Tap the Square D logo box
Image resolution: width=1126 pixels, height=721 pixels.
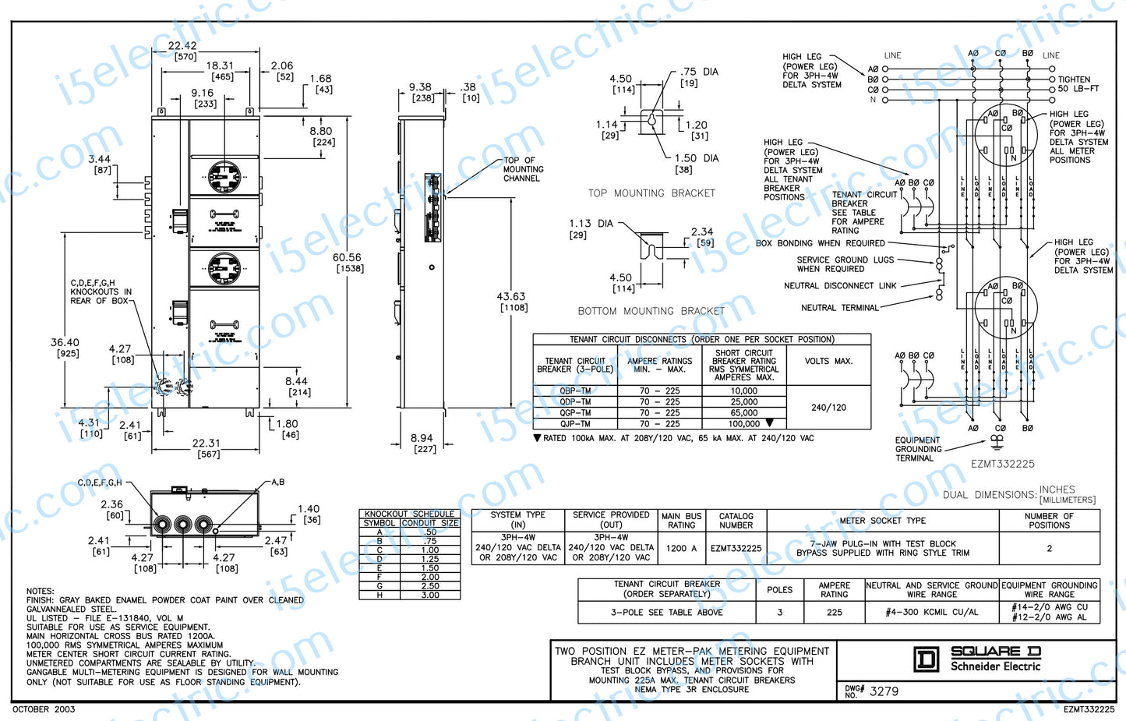tap(926, 659)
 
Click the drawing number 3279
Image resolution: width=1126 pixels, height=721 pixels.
tap(884, 691)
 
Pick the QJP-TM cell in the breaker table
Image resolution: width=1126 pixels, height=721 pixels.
tap(575, 424)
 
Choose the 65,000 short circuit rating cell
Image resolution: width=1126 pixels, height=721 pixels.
tap(743, 413)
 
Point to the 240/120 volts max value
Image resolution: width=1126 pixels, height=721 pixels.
tap(828, 408)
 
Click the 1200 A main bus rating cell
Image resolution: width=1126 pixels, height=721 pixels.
tap(682, 548)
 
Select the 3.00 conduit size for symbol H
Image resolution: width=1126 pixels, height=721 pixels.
tap(430, 596)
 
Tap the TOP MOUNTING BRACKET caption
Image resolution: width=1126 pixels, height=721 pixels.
tap(651, 193)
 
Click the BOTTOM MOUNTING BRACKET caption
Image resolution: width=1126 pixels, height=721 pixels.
tap(651, 311)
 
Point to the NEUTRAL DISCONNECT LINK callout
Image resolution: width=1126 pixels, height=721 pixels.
tap(839, 286)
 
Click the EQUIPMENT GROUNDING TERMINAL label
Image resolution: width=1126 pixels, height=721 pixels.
tap(918, 449)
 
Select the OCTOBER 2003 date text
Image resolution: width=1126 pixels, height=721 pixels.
tap(44, 709)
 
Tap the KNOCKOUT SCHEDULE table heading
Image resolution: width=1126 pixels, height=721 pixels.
tap(410, 514)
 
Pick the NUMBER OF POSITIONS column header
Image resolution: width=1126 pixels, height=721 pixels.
tap(1049, 521)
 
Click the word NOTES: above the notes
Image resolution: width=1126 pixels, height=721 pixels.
tap(40, 592)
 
